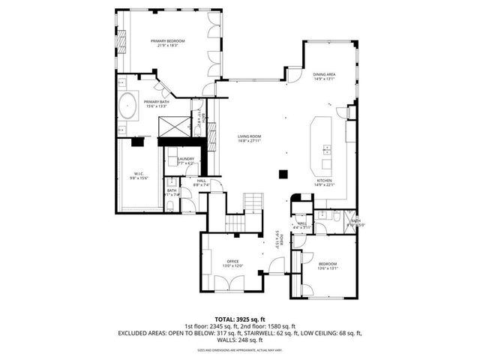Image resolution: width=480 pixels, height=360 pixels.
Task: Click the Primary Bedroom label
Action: click(x=167, y=40)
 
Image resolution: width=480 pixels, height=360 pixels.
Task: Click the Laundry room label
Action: click(x=186, y=158)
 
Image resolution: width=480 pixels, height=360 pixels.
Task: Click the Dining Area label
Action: click(x=324, y=74)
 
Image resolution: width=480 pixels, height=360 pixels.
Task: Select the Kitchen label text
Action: click(x=324, y=181)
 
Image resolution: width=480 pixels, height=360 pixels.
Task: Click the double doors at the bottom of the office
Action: click(x=229, y=283)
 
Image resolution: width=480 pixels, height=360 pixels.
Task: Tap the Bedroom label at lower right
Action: click(x=328, y=263)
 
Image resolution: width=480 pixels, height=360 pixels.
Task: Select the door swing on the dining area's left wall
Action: click(x=295, y=74)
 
